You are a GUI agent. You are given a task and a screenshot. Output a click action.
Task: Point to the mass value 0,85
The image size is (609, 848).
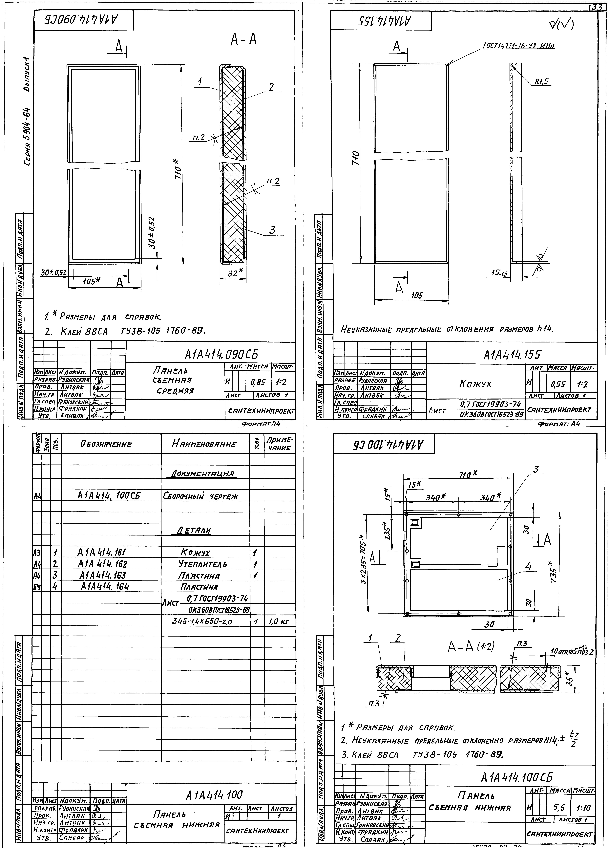click(x=258, y=383)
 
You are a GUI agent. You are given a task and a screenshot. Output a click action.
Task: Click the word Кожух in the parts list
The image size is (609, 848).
click(x=195, y=553)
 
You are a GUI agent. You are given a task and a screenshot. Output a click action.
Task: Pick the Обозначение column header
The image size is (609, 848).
click(x=106, y=444)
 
